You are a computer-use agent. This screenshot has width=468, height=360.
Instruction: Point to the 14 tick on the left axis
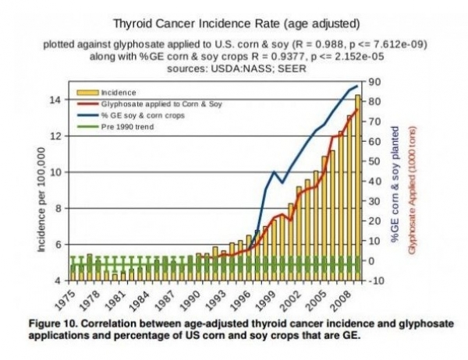click(x=56, y=100)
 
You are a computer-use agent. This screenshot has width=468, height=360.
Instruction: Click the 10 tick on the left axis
click(x=56, y=172)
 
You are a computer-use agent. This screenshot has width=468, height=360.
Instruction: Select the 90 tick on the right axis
click(x=374, y=82)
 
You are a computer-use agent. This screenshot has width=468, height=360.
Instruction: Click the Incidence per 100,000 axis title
click(x=41, y=201)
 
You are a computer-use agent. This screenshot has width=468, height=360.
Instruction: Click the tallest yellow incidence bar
click(x=358, y=187)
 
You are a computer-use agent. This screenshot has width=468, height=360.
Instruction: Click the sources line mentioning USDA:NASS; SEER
click(x=236, y=68)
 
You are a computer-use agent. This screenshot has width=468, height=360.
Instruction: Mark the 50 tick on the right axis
click(x=374, y=161)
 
